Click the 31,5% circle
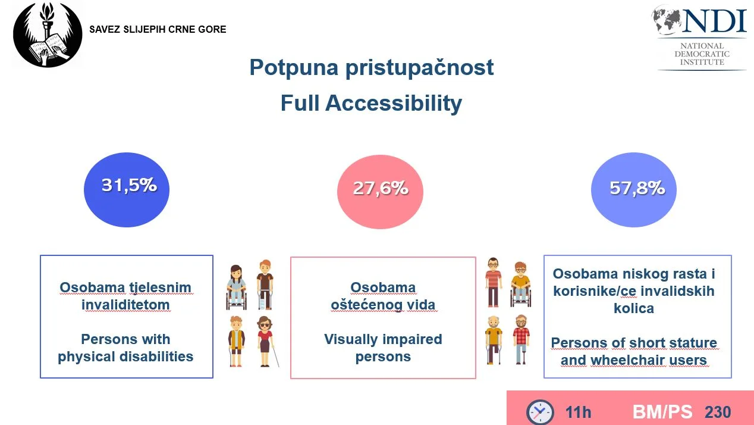pos(127,190)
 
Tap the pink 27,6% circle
pos(380,192)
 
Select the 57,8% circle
pos(634,190)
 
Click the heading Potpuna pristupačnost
pos(372,68)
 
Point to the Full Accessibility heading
pos(371,103)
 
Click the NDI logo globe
pos(667,20)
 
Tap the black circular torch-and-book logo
pos(48,34)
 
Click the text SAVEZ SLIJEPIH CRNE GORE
pos(158,29)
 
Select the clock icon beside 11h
pos(540,412)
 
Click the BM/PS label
pos(662,412)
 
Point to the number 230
pos(718,412)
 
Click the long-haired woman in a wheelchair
pos(236,287)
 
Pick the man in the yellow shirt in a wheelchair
pos(520,284)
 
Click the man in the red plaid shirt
pos(521,339)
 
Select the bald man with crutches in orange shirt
pos(494,340)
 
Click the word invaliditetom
pos(125,305)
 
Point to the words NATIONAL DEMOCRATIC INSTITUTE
pos(702,54)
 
